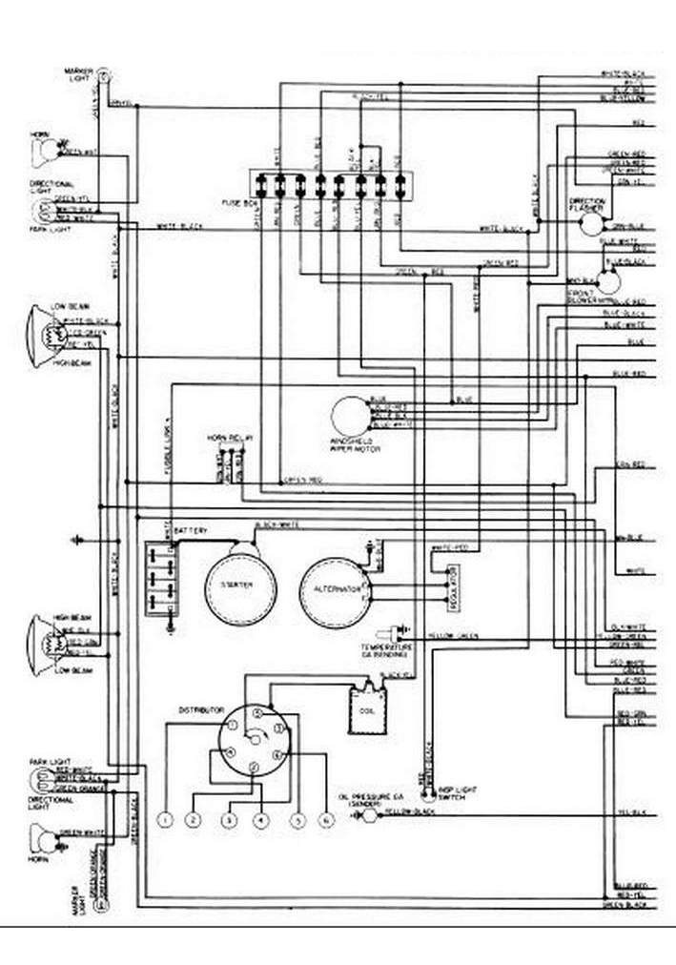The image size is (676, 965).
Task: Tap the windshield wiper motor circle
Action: click(349, 415)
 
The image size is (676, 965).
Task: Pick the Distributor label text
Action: click(200, 710)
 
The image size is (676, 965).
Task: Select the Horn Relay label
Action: click(229, 439)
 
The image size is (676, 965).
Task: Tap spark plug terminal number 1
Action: click(165, 819)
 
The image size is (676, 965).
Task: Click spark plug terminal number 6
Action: click(326, 819)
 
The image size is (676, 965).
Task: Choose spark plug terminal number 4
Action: click(259, 819)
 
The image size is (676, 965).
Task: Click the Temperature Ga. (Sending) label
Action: click(383, 652)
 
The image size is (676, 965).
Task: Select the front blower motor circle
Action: click(607, 281)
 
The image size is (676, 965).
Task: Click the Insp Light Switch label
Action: click(451, 793)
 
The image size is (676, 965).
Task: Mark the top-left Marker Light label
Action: click(77, 73)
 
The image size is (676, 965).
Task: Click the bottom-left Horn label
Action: click(38, 860)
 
